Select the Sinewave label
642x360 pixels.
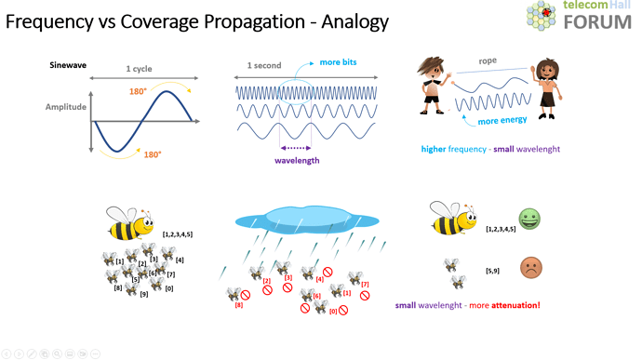[x=68, y=65]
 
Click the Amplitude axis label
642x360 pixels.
[x=65, y=107]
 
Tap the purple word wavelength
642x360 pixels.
[x=297, y=160]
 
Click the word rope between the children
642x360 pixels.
[x=488, y=62]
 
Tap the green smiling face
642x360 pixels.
[x=530, y=220]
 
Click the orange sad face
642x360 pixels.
[x=531, y=268]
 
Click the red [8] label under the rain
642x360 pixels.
[x=239, y=305]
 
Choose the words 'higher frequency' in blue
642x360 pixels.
[x=454, y=149]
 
